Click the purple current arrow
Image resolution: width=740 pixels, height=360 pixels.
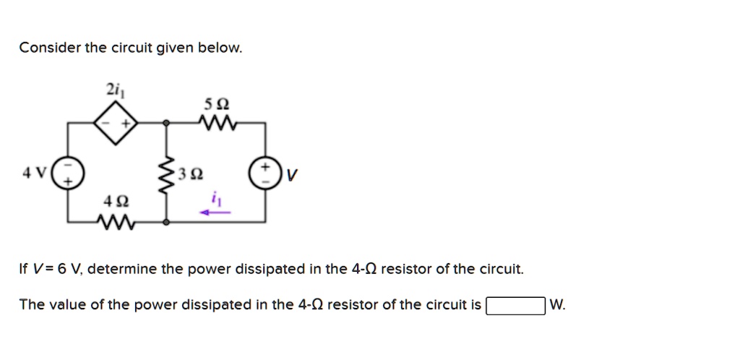pos(215,213)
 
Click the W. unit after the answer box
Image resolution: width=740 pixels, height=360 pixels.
pos(558,305)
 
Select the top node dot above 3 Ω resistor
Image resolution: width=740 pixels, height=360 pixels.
pos(167,124)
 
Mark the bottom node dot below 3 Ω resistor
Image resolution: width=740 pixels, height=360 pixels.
pos(167,223)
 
